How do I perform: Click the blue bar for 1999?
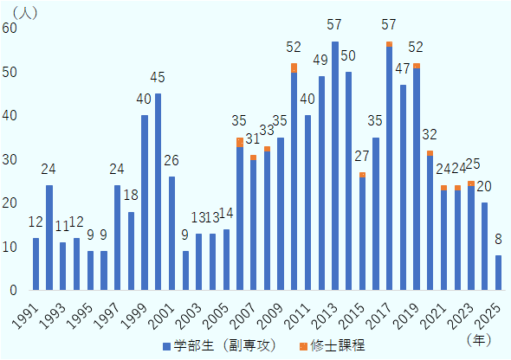coord(145,202)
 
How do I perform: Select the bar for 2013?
coord(335,165)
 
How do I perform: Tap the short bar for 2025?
coord(499,273)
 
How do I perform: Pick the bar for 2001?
coord(171,233)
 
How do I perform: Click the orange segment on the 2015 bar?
coord(362,175)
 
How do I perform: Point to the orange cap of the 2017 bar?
coord(389,44)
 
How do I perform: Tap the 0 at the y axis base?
coord(13,290)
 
